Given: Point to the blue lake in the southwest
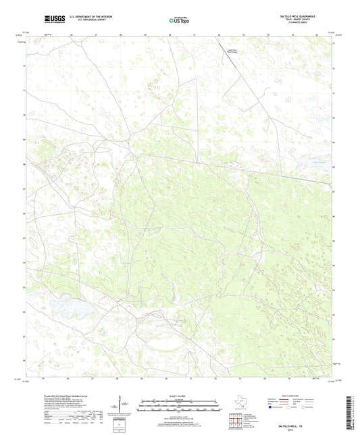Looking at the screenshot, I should pyautogui.click(x=68, y=308).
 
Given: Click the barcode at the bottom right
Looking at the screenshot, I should pyautogui.click(x=353, y=413).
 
